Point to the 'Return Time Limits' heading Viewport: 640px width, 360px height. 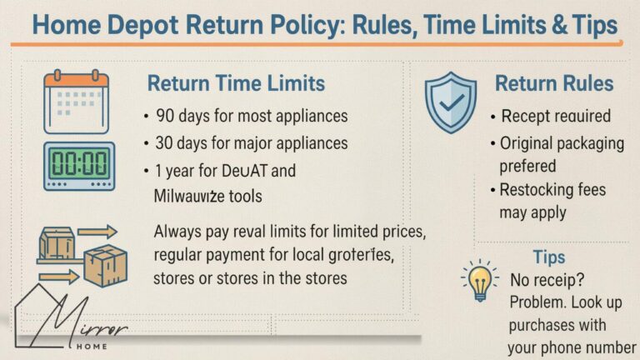pos(236,83)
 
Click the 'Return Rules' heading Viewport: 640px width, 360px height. pos(554,83)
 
